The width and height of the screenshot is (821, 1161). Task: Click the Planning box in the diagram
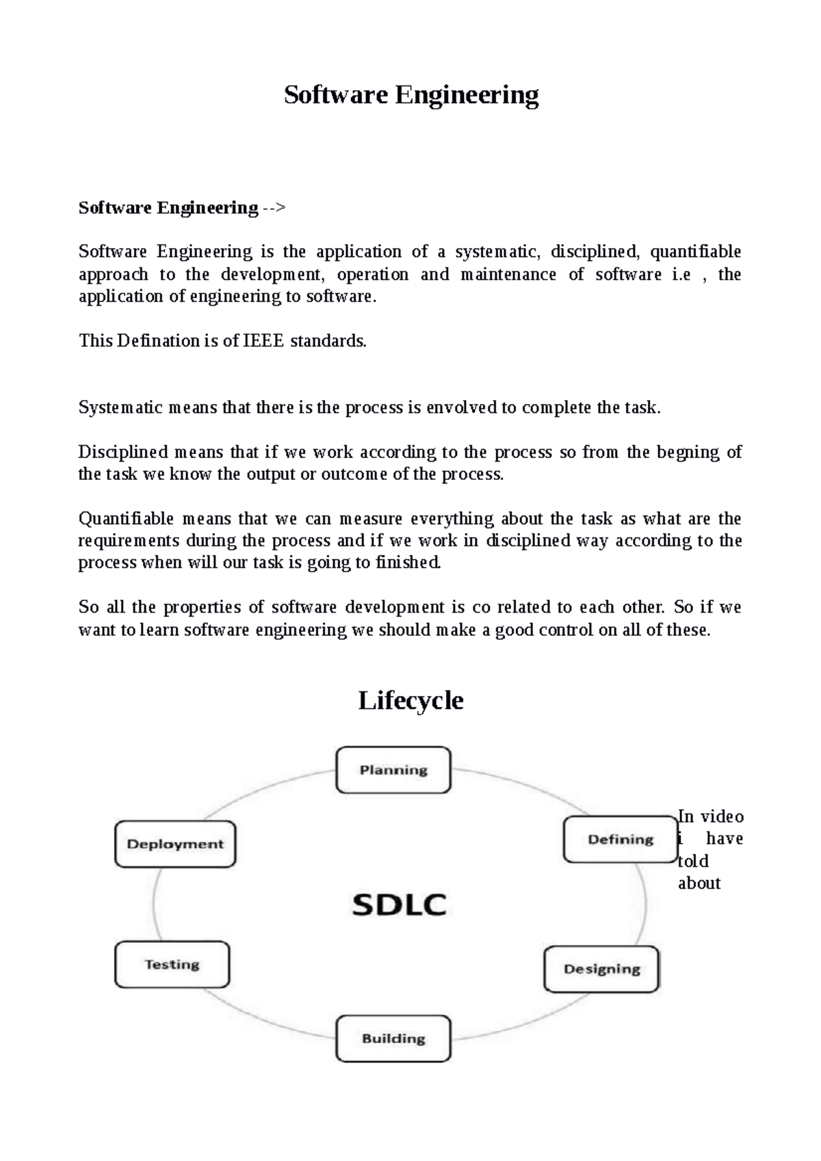pyautogui.click(x=393, y=770)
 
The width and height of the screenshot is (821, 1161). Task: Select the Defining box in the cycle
pyautogui.click(x=621, y=839)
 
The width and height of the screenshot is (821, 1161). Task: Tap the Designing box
pyautogui.click(x=601, y=969)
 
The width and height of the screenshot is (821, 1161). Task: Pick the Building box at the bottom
pyautogui.click(x=393, y=1038)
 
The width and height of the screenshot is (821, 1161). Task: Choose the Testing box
pyautogui.click(x=172, y=964)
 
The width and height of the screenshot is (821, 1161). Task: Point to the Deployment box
pyautogui.click(x=175, y=844)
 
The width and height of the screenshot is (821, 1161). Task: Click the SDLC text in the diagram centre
pyautogui.click(x=399, y=905)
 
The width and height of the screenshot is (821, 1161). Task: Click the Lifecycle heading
pyautogui.click(x=410, y=700)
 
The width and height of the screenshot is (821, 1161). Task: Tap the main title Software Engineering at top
pyautogui.click(x=411, y=94)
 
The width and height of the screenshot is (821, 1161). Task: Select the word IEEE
pyautogui.click(x=263, y=341)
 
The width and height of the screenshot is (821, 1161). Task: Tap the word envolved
pyautogui.click(x=462, y=408)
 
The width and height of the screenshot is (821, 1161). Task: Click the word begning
pyautogui.click(x=688, y=452)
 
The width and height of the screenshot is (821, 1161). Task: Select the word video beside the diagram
pyautogui.click(x=722, y=816)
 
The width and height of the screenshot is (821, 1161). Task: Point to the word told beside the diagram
pyautogui.click(x=693, y=861)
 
